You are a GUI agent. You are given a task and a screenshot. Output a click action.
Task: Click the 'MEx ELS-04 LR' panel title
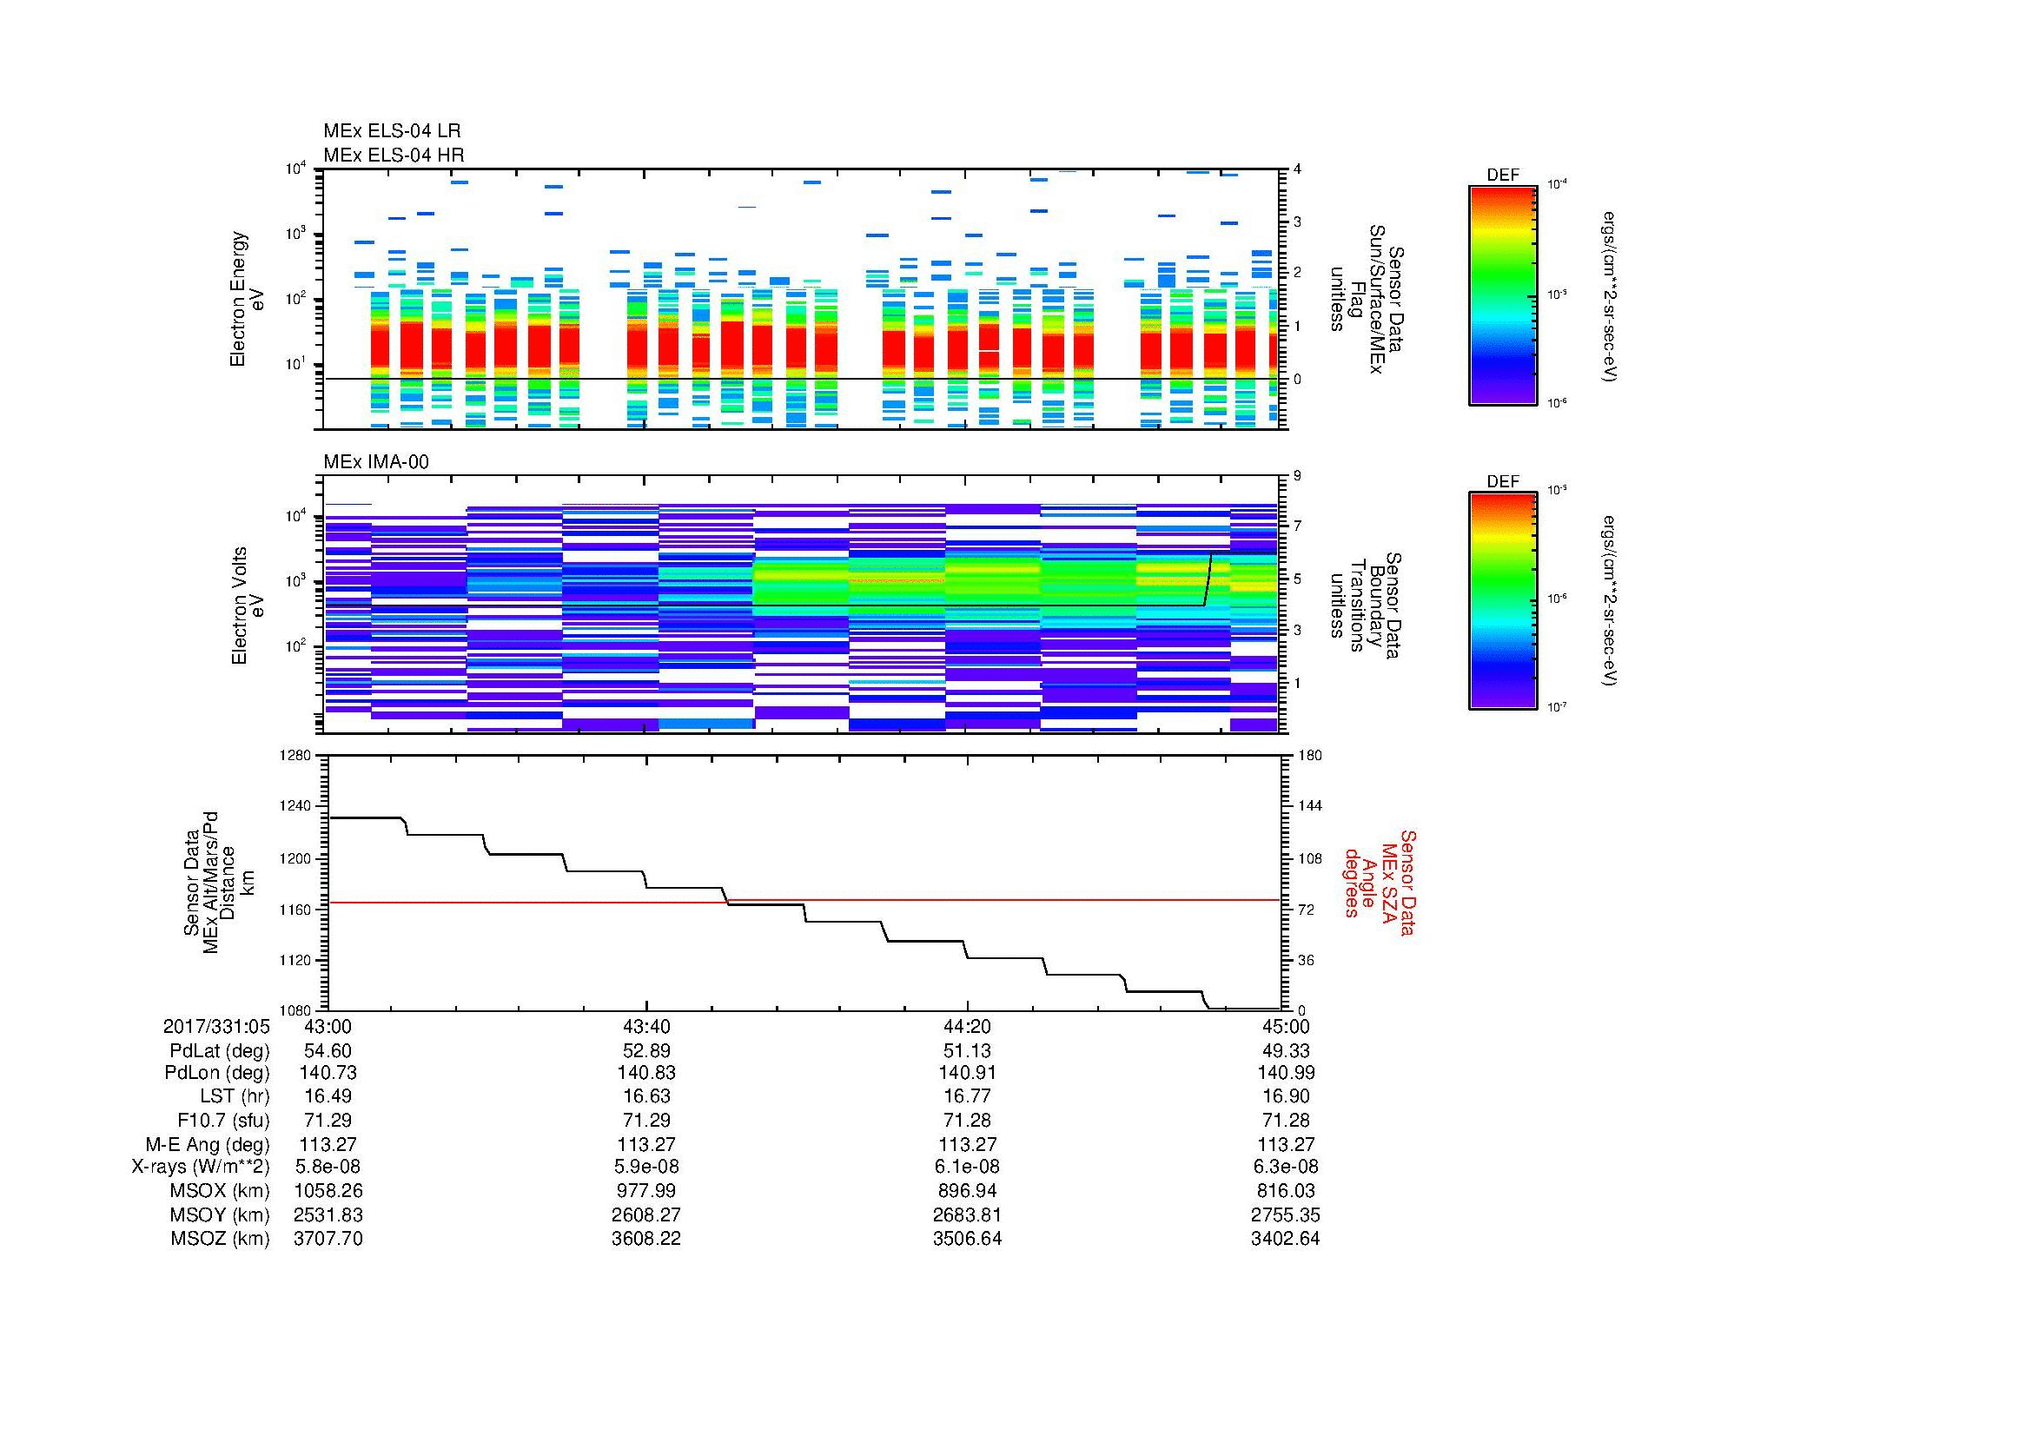point(391,131)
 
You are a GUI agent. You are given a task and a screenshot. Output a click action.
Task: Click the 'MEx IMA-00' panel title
point(375,462)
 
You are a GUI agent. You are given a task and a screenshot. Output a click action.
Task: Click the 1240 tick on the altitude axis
point(295,806)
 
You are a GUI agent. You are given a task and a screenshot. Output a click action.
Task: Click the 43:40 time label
point(647,1026)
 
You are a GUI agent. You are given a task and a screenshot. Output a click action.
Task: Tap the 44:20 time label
point(967,1026)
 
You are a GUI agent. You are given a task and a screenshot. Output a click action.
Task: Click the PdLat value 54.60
point(328,1051)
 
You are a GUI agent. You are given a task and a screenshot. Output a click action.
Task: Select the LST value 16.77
point(967,1097)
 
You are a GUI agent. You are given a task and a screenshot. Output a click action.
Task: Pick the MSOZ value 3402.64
point(1285,1239)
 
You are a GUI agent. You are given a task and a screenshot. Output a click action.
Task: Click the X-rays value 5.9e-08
point(647,1167)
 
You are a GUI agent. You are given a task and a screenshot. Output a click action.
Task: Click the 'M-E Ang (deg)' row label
point(208,1144)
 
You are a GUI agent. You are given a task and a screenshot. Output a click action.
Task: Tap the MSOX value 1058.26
point(328,1191)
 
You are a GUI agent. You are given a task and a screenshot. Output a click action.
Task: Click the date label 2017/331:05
point(216,1026)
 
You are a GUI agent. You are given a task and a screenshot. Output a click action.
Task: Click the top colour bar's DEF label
point(1503,175)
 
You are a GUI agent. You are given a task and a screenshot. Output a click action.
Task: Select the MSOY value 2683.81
point(967,1214)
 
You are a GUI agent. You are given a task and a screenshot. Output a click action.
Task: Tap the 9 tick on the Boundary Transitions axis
point(1297,476)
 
